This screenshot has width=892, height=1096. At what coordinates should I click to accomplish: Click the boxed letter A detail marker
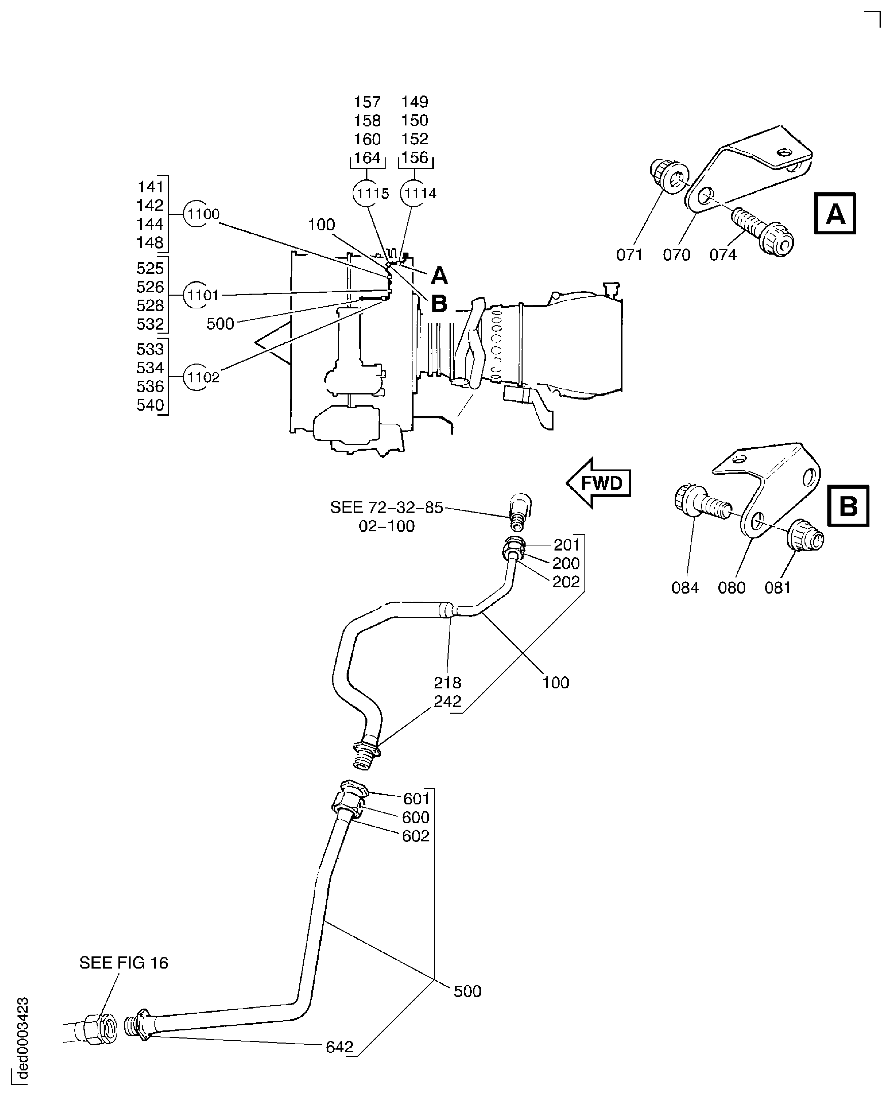click(834, 213)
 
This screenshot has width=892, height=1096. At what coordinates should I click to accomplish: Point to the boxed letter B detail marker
click(848, 506)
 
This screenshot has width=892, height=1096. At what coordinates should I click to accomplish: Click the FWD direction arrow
click(599, 483)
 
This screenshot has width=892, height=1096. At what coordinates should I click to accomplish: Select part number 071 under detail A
click(630, 255)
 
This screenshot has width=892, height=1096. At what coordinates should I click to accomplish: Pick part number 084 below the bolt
click(685, 588)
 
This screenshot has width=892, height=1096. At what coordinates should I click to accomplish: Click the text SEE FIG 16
click(124, 963)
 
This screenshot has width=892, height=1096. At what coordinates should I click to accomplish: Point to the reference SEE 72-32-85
click(386, 507)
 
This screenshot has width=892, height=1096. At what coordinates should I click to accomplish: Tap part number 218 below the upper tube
click(448, 683)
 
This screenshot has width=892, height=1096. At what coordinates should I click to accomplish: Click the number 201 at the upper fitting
click(566, 544)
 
